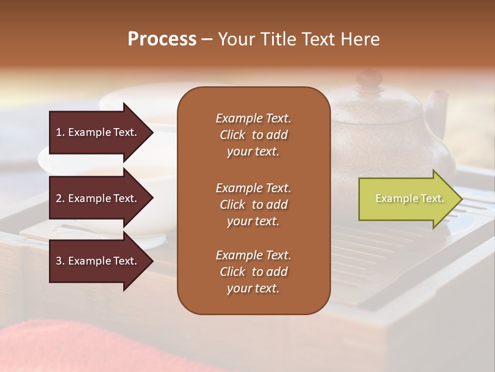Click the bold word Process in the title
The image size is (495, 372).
coord(162,39)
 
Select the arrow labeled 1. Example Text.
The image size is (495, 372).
coord(98,132)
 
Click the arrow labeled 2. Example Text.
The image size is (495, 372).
coord(98,198)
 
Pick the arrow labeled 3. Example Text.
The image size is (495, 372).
coord(98,261)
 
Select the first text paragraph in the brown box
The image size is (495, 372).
coord(253,135)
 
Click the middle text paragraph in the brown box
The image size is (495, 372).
coord(253,205)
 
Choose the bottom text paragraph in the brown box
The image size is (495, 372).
coord(253,272)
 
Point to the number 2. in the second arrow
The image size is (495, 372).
coord(60,198)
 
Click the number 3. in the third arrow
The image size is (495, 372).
coord(60,261)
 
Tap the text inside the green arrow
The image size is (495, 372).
coord(410,198)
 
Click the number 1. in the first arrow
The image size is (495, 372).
coord(60,132)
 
